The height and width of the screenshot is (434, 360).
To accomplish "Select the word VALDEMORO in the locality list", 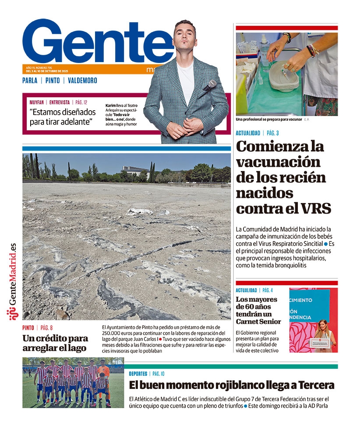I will point(82,80).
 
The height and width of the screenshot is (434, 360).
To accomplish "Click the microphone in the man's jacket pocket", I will point(210,85).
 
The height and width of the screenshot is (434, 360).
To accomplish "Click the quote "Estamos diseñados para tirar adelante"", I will point(63,116).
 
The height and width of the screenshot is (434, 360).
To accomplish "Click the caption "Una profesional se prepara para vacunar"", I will point(268,119).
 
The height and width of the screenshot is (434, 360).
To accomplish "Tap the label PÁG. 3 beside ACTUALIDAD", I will point(273,133).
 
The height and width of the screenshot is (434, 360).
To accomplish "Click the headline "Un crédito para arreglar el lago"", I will point(55,343).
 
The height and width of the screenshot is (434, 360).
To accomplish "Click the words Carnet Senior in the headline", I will point(258,322).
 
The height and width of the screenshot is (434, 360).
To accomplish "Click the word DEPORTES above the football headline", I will point(138,374).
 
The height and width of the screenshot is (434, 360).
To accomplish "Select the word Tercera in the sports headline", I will point(311,385).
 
